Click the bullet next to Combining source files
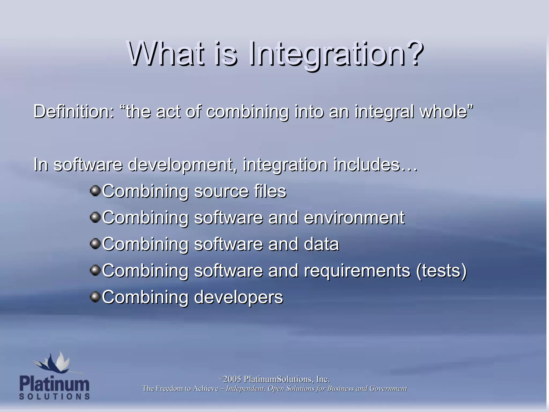(x=95, y=191)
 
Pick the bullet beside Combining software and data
(x=95, y=244)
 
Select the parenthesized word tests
(x=441, y=270)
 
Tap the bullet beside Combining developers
(x=95, y=297)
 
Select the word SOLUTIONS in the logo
(x=54, y=396)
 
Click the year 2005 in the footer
(x=232, y=379)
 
